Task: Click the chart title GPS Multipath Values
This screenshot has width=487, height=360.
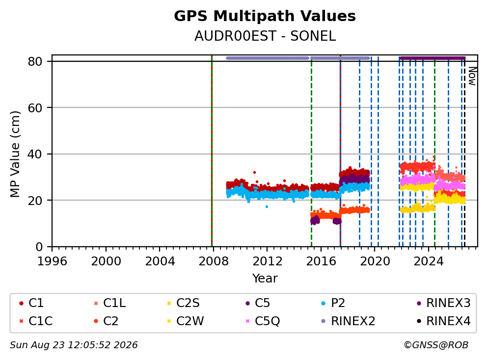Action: point(265,16)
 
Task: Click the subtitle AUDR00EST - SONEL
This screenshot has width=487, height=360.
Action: point(265,36)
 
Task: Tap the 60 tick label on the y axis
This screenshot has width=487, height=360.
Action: point(35,108)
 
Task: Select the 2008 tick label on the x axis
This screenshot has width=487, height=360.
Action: point(214,261)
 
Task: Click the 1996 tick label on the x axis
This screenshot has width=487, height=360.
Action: point(52,261)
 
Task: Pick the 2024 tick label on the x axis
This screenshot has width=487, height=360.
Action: point(429,261)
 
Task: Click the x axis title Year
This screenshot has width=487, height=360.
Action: point(265,279)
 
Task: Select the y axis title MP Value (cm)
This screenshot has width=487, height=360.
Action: point(15,154)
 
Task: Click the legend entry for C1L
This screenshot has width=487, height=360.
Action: point(110,303)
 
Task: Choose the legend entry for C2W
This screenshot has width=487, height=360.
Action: point(186,321)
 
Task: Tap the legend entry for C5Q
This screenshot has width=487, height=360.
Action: point(263,321)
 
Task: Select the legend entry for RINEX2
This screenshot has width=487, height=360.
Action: point(349,321)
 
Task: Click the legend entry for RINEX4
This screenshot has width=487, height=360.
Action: point(444,321)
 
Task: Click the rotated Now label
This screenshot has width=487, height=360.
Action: point(472,77)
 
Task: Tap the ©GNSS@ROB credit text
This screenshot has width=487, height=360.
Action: point(436,345)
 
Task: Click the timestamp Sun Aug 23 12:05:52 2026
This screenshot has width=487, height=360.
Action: point(74,345)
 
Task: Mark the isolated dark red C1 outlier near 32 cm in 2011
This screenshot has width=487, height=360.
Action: point(254,172)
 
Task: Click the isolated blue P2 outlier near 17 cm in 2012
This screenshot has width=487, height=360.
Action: point(267,206)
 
